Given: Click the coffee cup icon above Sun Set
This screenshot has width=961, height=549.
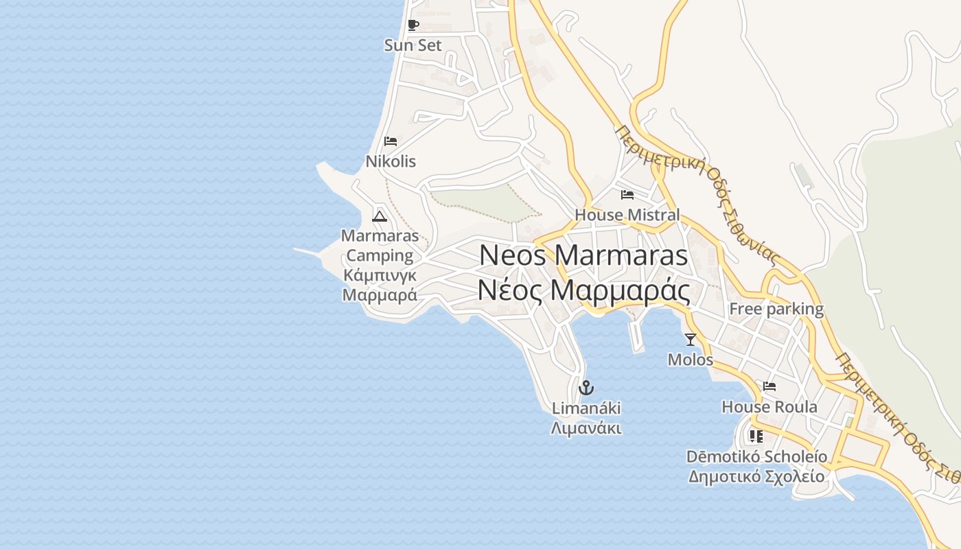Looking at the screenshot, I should point(413,25).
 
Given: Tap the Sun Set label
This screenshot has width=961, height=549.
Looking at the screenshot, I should point(413,45).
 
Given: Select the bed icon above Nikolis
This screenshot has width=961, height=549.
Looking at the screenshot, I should point(391,141).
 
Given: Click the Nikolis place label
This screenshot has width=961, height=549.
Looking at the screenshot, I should point(391,161).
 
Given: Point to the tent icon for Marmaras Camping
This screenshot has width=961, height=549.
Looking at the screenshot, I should point(380,216).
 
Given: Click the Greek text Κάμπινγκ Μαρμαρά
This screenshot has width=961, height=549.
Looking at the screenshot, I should point(380,285).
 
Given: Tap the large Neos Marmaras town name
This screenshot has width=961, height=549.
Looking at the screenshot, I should point(583,255).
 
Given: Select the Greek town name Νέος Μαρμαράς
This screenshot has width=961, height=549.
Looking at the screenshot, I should point(583,291).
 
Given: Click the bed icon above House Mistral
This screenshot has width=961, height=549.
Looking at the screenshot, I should point(627,195).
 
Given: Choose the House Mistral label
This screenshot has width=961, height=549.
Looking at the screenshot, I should point(627,215).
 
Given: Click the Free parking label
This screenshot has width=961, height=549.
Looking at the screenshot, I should point(776,309).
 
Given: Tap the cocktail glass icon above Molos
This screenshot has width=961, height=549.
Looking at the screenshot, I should point(691,339).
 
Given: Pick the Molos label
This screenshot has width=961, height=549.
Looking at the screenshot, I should point(691,359).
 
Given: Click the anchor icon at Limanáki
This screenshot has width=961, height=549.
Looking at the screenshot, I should point(586,388).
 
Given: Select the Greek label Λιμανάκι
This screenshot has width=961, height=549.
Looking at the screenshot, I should point(586,429).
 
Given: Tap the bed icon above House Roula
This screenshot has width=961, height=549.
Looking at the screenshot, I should point(769,386).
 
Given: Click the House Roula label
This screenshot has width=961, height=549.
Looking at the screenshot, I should point(769,407).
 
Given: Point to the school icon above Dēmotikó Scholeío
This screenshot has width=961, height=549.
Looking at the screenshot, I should point(756,436).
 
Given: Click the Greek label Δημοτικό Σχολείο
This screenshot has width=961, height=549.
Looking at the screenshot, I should point(756,476).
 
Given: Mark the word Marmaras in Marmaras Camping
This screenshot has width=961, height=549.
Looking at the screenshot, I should point(380,236).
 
